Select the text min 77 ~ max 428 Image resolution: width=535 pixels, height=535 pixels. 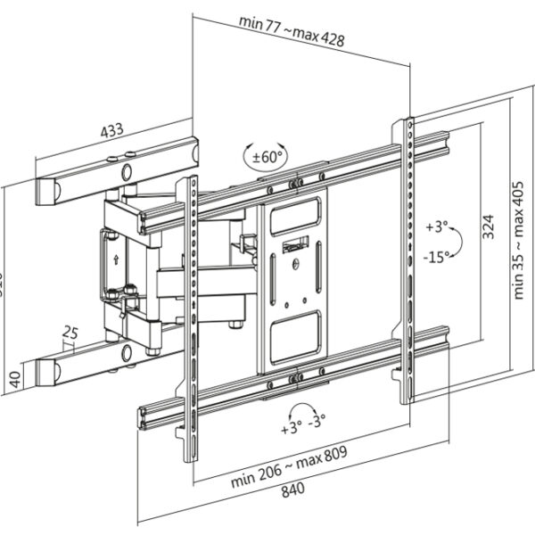tap(292, 31)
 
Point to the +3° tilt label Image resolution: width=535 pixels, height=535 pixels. tap(436, 227)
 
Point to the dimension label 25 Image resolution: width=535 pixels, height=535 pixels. tap(70, 333)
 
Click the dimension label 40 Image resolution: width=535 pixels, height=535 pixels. tap(12, 375)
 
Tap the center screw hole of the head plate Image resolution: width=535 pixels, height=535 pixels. tap(294, 262)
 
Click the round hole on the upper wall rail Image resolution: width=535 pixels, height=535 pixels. tap(127, 171)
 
